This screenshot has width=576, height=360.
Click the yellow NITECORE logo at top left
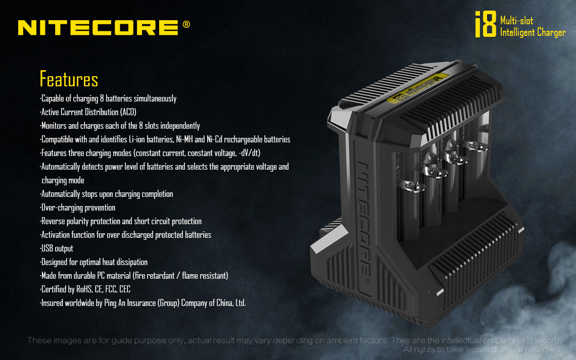pyautogui.click(x=98, y=28)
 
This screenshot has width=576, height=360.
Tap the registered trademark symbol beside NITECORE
pyautogui.click(x=186, y=24)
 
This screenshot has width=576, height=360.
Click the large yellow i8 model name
pyautogui.click(x=486, y=24)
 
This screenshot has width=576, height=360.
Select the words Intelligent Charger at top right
pyautogui.click(x=533, y=33)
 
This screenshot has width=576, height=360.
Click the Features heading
pyautogui.click(x=69, y=79)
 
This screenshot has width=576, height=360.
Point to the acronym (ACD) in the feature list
pyautogui.click(x=128, y=112)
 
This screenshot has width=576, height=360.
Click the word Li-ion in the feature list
pyautogui.click(x=136, y=139)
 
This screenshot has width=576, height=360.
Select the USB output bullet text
pyautogui.click(x=57, y=248)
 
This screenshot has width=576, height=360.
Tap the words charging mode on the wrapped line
pyautogui.click(x=63, y=181)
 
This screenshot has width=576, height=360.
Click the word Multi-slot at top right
pyautogui.click(x=516, y=21)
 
